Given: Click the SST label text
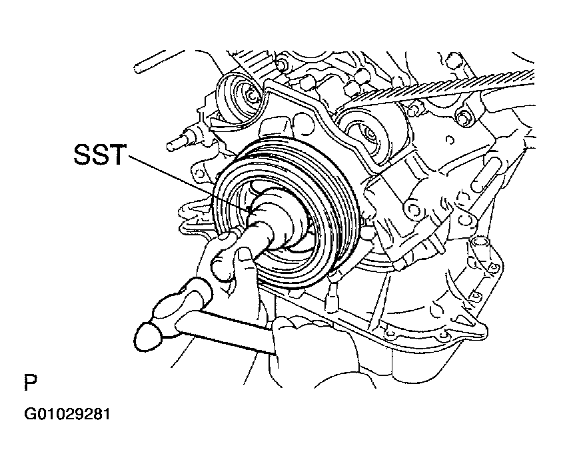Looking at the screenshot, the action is click(x=100, y=154).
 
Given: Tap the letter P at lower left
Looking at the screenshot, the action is click(x=31, y=383).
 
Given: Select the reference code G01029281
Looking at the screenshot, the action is click(x=67, y=414).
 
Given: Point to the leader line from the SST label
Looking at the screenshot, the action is click(x=189, y=183).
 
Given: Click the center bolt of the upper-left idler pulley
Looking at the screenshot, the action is click(x=252, y=96).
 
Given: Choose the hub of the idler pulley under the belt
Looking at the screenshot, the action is click(x=370, y=135).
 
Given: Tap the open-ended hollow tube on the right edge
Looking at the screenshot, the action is click(x=480, y=247).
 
